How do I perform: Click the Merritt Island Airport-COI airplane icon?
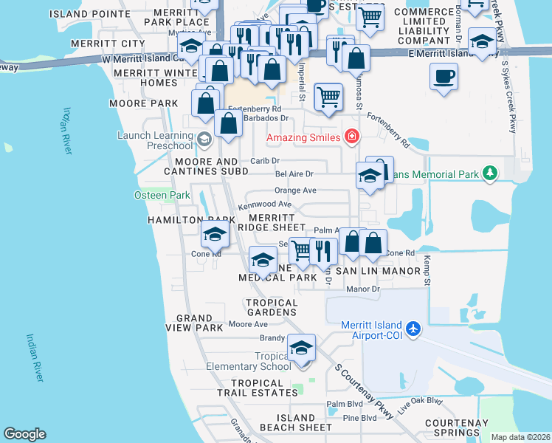pyautogui.click(x=413, y=327)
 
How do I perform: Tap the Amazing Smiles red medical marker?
pyautogui.click(x=351, y=137)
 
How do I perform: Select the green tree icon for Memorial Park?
pyautogui.click(x=489, y=174)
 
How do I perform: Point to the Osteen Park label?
pyautogui.click(x=152, y=195)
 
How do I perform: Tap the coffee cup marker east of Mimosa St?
pyautogui.click(x=444, y=77)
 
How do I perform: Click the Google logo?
pyautogui.click(x=24, y=434)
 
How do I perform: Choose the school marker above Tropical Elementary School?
pyautogui.click(x=301, y=348)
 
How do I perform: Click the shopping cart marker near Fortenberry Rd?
pyautogui.click(x=328, y=97)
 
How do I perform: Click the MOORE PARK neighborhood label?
pyautogui.click(x=134, y=103)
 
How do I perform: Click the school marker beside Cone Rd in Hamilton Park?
pyautogui.click(x=215, y=235)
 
